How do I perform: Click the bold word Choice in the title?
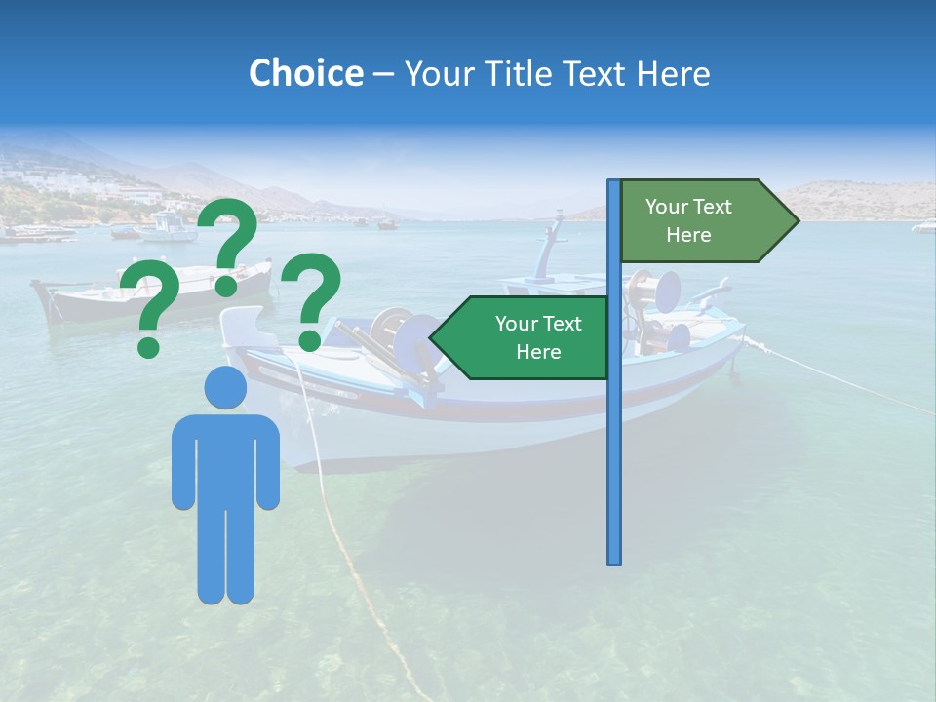[305, 74]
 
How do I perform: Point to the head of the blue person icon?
[225, 387]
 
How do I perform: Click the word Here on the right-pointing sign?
[688, 235]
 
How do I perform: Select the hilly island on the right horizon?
[858, 200]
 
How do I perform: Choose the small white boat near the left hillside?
[168, 229]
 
